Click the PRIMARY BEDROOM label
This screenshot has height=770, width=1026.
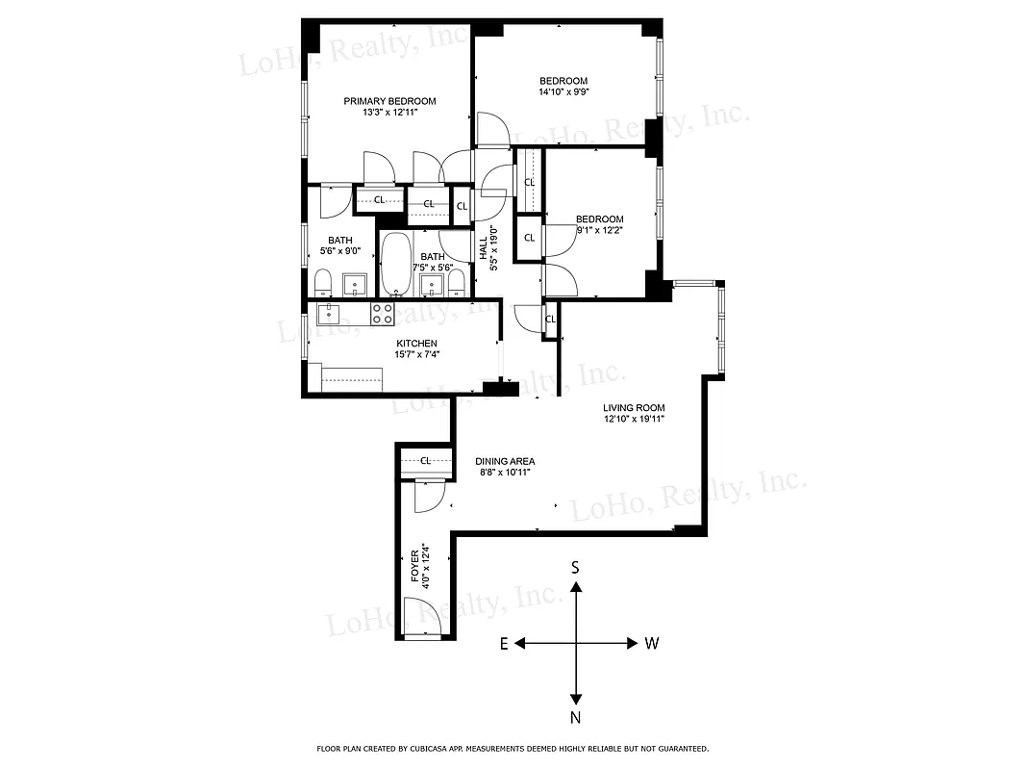389,101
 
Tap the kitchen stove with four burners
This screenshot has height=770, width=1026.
382,313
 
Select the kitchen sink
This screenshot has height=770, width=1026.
329,312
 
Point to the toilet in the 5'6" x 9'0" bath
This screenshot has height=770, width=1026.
323,283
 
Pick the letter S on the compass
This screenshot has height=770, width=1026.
575,568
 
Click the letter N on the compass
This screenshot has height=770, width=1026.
575,717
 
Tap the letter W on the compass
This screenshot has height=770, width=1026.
651,643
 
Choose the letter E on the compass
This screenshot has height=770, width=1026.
503,643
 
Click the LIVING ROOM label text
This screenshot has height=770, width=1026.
634,408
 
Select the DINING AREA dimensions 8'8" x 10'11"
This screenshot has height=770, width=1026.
504,472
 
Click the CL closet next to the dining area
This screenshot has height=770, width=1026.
424,460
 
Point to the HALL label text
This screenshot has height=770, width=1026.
484,249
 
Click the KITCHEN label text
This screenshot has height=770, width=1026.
416,344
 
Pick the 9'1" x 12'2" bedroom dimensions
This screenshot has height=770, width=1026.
600,230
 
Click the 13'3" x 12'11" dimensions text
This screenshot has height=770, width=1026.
389,113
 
